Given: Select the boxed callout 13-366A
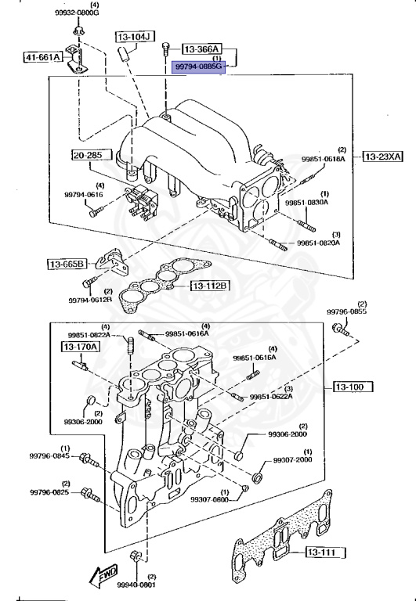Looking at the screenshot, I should coord(203,48).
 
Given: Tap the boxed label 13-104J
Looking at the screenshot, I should coord(136,36).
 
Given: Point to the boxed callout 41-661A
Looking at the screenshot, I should coord(42,57).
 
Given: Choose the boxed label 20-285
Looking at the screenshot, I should coord(88,155).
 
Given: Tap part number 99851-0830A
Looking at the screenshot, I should coord(306,202).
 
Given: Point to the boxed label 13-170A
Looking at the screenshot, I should coord(80,346).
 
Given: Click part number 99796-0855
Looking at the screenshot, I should coord(347,311).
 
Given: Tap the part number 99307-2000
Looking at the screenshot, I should coord(293,459).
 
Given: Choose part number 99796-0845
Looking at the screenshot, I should coord(50,455).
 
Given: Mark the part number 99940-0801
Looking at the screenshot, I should coord(137,584).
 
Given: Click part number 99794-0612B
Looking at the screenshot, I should coord(94,298).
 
